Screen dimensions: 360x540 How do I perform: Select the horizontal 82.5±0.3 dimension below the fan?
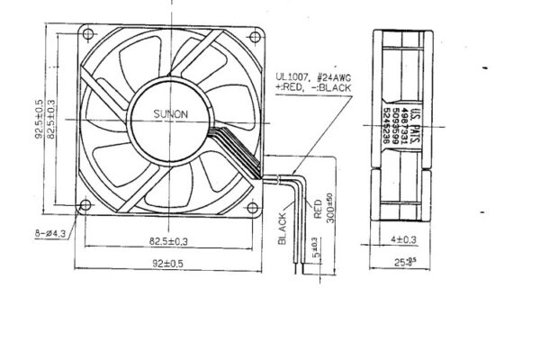169,241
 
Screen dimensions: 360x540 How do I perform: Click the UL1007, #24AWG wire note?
313,79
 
